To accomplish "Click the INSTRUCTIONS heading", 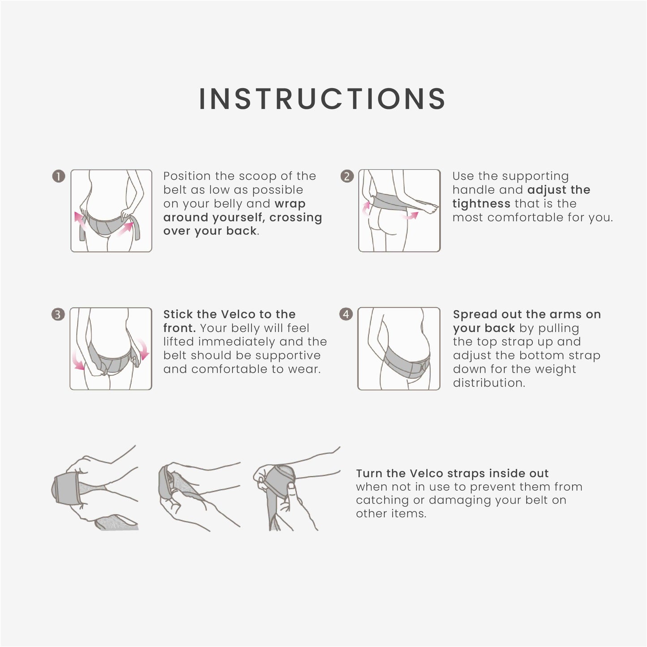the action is pos(322,99).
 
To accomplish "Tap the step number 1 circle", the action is pos(59,176).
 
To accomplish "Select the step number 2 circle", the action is pos(347,176).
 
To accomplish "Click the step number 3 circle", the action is pos(58,314).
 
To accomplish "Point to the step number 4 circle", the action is pos(346,314).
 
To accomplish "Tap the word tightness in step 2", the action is pos(481,203).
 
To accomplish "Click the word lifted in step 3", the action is pos(179,342).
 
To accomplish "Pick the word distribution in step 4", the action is pos(489,383).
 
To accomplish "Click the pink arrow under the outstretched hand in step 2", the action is pos(410,215).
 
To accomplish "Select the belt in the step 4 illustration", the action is pos(406,362).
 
